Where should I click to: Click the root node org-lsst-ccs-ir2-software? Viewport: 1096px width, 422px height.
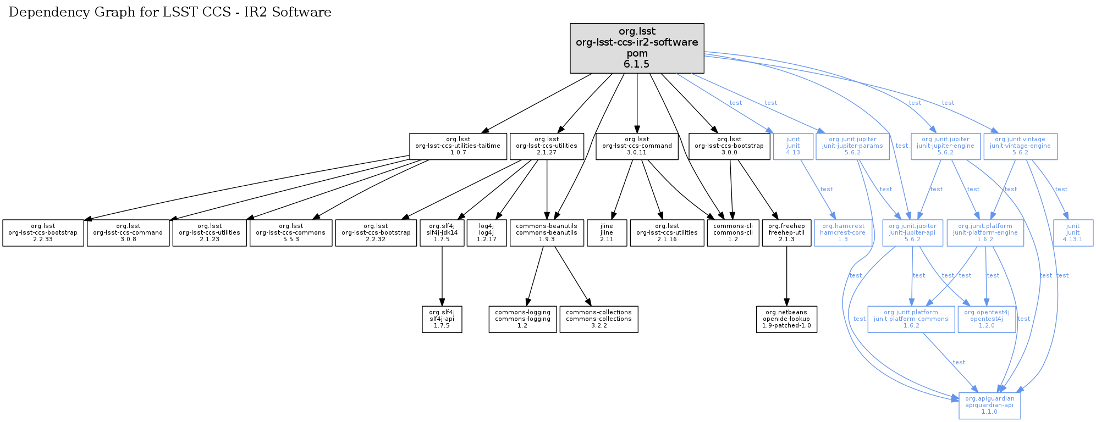click(x=637, y=48)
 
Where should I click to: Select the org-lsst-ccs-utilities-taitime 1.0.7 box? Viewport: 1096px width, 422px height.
click(x=458, y=146)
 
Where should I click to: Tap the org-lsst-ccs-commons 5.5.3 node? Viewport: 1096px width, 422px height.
click(x=290, y=233)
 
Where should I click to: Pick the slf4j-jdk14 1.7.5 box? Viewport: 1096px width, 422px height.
click(x=442, y=233)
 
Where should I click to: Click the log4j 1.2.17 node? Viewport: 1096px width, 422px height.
click(x=486, y=233)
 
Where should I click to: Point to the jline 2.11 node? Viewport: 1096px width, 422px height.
click(x=607, y=233)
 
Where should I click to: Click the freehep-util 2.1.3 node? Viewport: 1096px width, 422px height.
click(x=786, y=233)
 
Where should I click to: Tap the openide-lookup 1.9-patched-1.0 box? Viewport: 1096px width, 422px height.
click(x=786, y=319)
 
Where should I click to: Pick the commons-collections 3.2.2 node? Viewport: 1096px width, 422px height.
click(x=598, y=319)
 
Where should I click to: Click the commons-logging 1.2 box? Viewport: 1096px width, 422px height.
click(x=522, y=319)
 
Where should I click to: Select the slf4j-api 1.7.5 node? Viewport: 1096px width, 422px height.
click(x=442, y=319)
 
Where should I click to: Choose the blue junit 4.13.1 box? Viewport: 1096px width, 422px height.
click(x=1072, y=233)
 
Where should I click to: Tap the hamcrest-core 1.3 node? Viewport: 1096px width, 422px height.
click(x=842, y=233)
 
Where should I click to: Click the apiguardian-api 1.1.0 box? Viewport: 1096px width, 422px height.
click(x=989, y=406)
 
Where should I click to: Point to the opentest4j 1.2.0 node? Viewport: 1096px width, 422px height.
click(x=986, y=319)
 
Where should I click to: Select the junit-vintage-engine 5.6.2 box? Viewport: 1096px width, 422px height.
click(x=1020, y=146)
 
